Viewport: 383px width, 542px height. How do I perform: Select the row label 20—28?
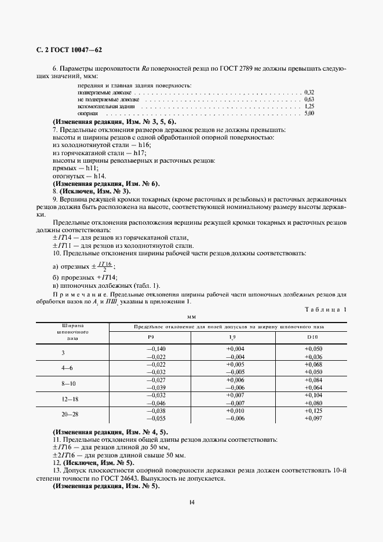tap(71, 414)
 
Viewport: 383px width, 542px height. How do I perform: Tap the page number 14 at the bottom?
tap(191, 501)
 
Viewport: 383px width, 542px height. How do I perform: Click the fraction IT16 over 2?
tap(104, 266)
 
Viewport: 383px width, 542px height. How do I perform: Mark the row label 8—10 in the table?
tap(71, 383)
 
